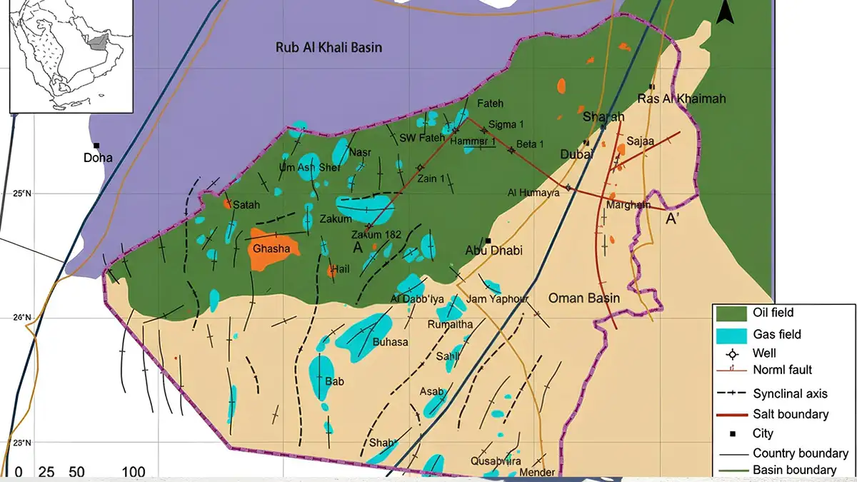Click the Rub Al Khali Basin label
click(x=329, y=48)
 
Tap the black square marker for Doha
click(x=96, y=145)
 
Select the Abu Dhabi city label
click(x=493, y=251)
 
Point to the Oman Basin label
click(x=584, y=298)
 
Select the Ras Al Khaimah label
click(x=681, y=99)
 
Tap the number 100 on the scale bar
click(x=134, y=472)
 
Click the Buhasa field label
click(x=390, y=342)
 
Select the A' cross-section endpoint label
click(x=673, y=219)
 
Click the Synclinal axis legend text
click(x=791, y=393)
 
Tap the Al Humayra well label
click(x=532, y=192)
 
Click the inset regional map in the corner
click(x=71, y=56)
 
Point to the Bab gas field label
click(x=334, y=381)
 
